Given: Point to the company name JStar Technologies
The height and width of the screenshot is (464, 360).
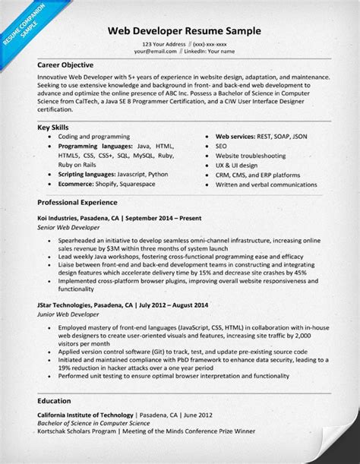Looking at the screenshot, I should (x=65, y=306).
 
